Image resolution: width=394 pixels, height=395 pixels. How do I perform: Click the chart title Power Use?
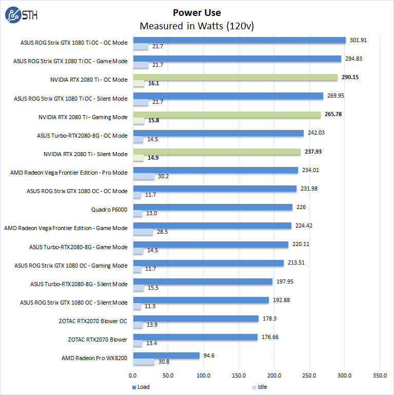point(197,13)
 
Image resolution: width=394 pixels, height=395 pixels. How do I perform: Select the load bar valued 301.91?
point(239,40)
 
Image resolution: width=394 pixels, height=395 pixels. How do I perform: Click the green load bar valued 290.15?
point(235,77)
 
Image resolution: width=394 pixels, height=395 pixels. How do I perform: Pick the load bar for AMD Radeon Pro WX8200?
point(166,355)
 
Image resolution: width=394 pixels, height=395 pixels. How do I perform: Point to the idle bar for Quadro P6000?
point(137,213)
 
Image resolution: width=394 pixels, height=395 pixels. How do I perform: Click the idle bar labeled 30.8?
point(144,362)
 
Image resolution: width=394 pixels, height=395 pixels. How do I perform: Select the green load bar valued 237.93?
point(217,152)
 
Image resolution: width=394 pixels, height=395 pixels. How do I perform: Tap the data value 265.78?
point(333,114)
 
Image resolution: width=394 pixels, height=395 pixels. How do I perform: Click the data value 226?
point(302,207)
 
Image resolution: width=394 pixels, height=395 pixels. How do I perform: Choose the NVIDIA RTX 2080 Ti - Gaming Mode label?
point(83,117)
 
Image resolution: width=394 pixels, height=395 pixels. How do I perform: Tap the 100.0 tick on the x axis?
point(204,375)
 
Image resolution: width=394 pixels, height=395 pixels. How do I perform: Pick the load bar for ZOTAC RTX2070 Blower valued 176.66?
point(195,337)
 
